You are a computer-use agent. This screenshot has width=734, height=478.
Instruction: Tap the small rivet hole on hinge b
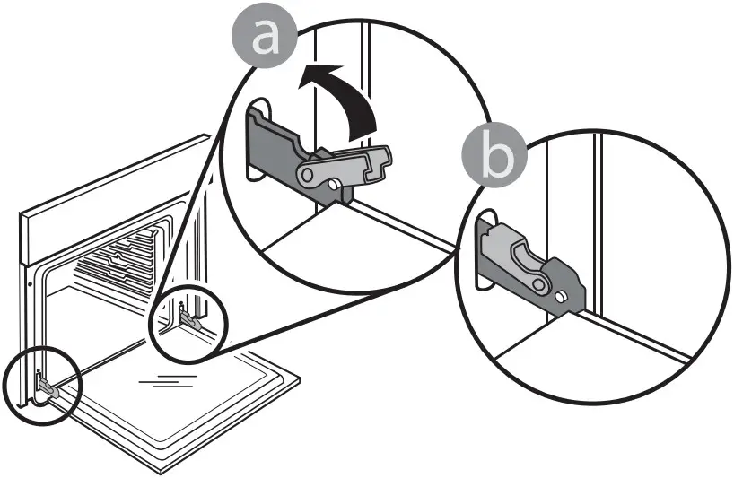[x=560, y=293]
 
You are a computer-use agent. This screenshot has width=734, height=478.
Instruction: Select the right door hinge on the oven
[x=187, y=314]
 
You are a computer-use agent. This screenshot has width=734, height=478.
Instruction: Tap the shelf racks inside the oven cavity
[x=121, y=265]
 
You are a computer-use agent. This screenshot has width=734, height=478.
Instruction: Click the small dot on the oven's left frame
[x=31, y=281]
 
